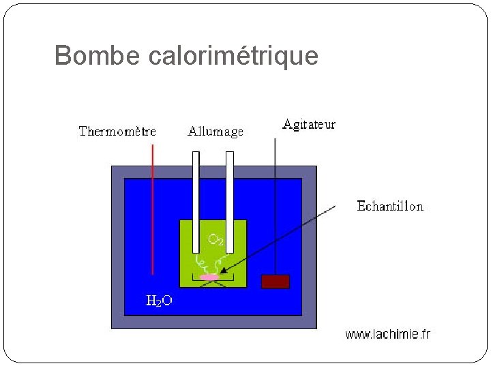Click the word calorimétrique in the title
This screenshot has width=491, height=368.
[233, 56]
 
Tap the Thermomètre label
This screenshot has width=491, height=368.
[117, 132]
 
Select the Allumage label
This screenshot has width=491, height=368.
[215, 132]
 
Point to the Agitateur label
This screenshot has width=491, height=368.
[309, 125]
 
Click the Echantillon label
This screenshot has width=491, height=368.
[390, 206]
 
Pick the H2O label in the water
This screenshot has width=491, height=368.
[160, 301]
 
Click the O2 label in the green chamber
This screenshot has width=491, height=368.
[215, 240]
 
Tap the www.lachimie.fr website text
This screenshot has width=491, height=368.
[388, 334]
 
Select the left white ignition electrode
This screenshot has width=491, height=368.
[196, 198]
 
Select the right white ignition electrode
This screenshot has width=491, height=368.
[230, 198]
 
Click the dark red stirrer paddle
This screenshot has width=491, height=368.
[276, 281]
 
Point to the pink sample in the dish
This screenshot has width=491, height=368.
[209, 277]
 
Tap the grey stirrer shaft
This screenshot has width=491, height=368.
[276, 204]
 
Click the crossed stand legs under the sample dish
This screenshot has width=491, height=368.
[209, 285]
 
